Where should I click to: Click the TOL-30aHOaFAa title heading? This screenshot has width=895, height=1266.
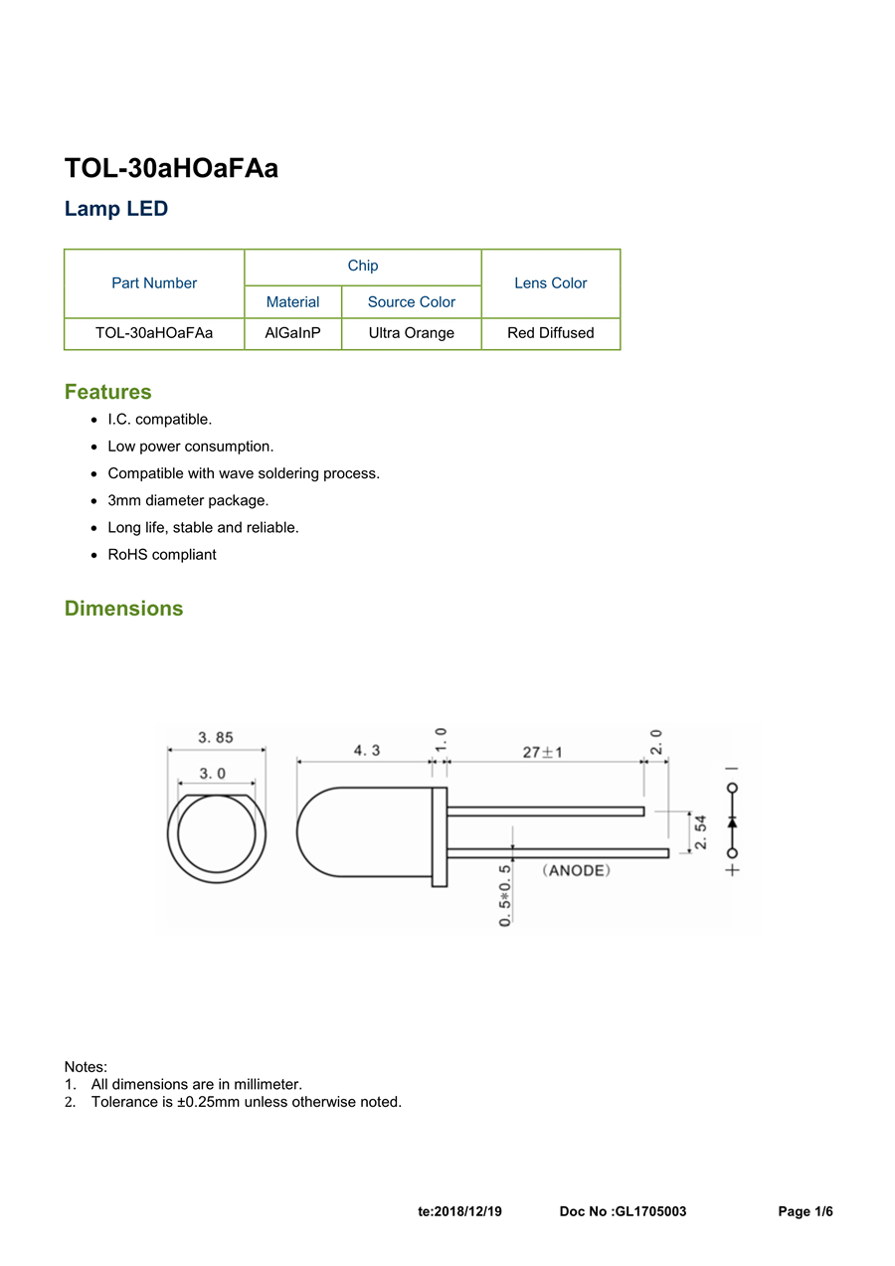171,169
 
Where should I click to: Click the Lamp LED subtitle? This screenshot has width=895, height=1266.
116,209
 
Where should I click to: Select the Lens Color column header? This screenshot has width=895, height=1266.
550,283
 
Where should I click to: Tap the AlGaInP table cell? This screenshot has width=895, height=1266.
292,333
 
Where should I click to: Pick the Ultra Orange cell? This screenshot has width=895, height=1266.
411,333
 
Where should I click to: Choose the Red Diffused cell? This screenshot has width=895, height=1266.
550,333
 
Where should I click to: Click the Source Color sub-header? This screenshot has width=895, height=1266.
411,302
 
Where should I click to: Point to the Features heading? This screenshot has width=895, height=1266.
107,392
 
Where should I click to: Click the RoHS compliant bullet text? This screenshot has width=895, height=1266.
161,555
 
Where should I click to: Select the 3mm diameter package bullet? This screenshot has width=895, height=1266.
188,500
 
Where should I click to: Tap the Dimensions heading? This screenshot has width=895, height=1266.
123,609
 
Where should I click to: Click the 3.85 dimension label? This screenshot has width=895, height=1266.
215,738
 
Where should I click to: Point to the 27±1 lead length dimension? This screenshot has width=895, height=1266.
543,752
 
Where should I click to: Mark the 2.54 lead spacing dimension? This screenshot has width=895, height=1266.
701,831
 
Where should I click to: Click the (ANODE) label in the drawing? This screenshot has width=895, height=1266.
576,870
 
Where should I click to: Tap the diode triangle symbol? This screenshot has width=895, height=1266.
733,821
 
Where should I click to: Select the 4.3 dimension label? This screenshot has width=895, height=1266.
366,751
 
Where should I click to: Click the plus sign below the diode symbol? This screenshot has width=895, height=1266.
733,870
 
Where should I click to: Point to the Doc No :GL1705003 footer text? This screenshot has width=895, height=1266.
623,1211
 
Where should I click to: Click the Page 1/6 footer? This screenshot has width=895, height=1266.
805,1211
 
